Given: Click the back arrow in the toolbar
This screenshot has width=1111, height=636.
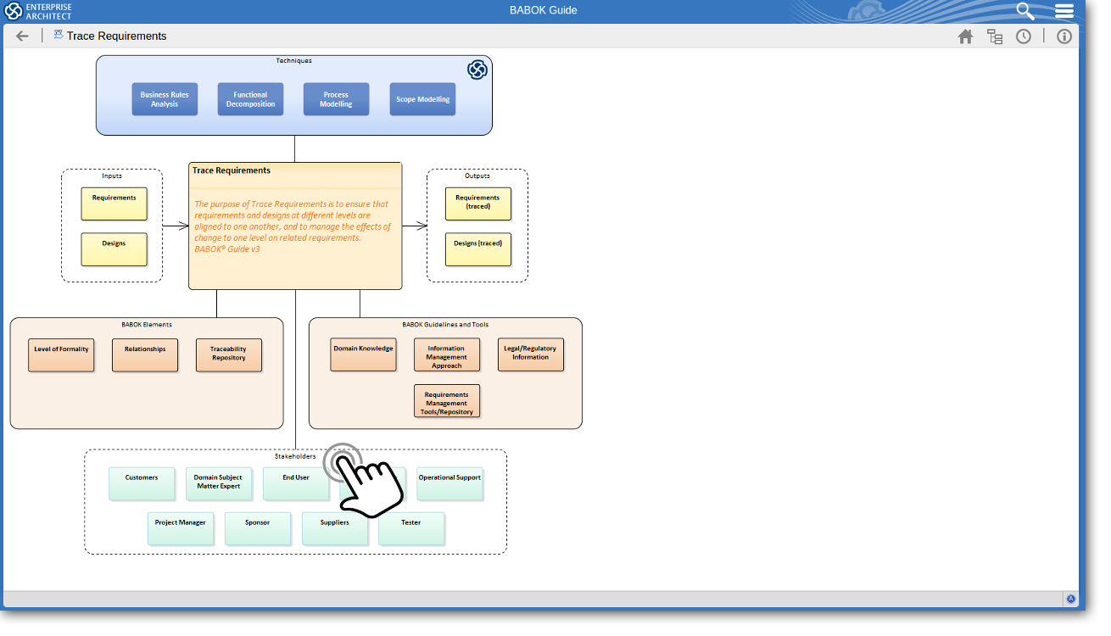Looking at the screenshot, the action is [x=22, y=36].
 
